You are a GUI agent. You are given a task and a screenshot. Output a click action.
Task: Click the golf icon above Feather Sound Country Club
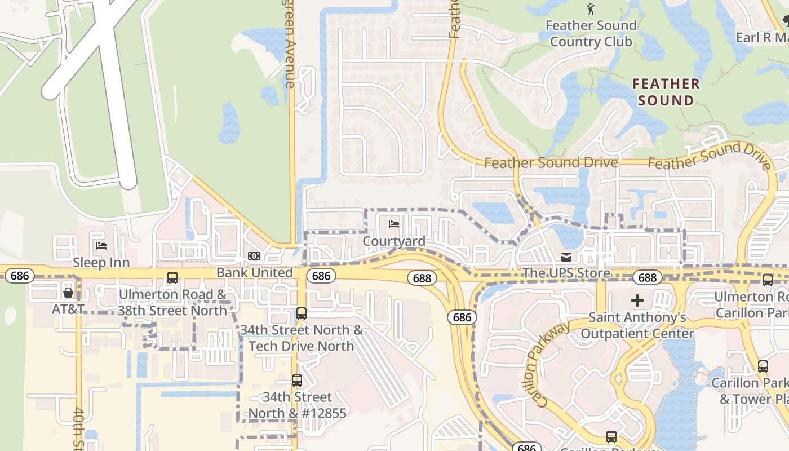coord(591,9)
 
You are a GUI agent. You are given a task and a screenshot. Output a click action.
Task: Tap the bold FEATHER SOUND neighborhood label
coord(666,92)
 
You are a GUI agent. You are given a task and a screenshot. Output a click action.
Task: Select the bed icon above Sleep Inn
coord(101,246)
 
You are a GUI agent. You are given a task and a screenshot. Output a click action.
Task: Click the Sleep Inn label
coord(101,262)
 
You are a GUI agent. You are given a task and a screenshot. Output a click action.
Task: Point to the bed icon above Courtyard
coord(394,225)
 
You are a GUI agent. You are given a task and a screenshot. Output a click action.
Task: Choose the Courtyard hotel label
coord(394,241)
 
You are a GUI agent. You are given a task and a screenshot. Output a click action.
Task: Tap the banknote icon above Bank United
coord(254,257)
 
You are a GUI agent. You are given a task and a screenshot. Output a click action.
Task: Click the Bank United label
coord(255,273)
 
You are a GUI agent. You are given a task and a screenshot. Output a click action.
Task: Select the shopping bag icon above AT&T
coord(68,292)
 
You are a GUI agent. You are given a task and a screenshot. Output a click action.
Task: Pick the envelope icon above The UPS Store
coord(566,257)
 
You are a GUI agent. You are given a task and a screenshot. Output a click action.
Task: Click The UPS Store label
coord(566,273)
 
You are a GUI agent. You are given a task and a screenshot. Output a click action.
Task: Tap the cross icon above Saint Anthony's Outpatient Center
coord(637,300)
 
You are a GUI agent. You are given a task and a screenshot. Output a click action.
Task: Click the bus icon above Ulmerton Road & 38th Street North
coord(172,278)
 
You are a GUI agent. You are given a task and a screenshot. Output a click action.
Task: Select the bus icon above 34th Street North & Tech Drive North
coord(302,313)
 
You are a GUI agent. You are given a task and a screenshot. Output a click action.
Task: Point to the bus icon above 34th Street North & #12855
coord(297,381)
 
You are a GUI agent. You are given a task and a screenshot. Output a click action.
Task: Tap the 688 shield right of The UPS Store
coord(647,277)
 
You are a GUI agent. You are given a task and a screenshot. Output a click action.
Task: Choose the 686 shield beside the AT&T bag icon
coord(20,276)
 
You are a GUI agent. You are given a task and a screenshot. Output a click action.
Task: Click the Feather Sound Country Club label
coord(591,34)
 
